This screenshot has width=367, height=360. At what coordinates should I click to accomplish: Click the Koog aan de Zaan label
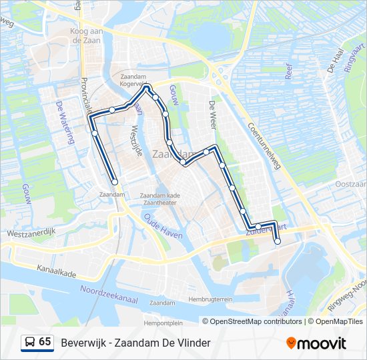[86, 35]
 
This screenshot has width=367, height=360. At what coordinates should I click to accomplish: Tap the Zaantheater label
[161, 203]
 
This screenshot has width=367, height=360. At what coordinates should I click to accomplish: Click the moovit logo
[316, 343]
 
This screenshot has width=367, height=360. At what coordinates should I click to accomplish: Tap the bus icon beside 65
[30, 342]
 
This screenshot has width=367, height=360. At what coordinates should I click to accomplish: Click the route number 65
[45, 342]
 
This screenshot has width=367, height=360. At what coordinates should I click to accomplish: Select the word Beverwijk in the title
[83, 343]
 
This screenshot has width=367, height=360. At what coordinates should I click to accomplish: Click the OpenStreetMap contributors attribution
[256, 321]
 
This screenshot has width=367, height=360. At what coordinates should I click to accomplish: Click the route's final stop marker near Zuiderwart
[278, 242]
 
